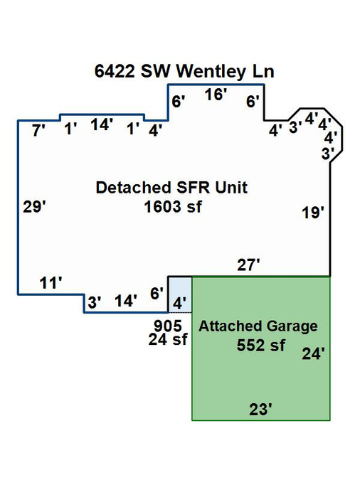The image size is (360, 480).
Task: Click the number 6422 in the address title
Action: point(115,71)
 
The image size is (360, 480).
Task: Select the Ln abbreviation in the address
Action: point(263,71)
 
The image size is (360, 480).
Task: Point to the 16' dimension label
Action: point(216,95)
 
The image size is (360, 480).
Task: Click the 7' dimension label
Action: point(38,131)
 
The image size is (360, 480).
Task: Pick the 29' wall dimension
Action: point(34,207)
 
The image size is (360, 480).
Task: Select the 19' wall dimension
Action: point(313,213)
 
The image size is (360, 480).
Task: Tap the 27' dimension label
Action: point(248,265)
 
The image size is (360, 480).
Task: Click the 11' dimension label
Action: point(51,283)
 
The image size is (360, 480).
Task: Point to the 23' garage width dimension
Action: point(260,410)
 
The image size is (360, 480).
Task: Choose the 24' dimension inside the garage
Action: point(314,354)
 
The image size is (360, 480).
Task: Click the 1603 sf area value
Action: point(173,207)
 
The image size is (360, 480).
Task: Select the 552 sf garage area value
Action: point(260,346)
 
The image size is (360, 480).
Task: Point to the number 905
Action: point(168,326)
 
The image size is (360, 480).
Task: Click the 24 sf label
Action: point(168,339)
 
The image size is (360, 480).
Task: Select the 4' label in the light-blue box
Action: point(179,304)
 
